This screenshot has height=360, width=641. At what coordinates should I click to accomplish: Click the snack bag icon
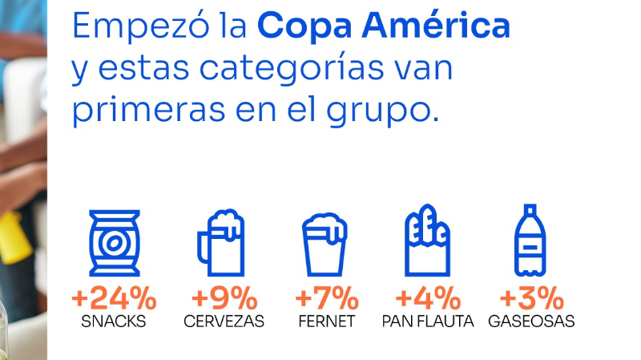click(114, 243)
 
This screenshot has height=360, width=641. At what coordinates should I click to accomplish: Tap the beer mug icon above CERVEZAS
click(220, 241)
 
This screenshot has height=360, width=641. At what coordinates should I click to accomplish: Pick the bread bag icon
click(427, 241)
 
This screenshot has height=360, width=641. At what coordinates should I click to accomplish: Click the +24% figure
click(114, 299)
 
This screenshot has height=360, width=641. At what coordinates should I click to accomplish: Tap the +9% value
click(224, 299)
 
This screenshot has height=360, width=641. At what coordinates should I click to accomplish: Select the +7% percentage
click(326, 299)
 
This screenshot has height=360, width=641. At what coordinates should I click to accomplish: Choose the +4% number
click(427, 299)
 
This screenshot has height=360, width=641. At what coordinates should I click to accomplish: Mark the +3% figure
click(531, 299)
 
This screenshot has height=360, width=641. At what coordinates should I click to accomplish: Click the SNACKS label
click(114, 322)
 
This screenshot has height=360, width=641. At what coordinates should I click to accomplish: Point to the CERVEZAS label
click(224, 322)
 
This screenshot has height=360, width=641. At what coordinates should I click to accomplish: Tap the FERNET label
click(326, 322)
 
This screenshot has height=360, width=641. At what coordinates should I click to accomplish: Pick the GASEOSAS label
click(531, 322)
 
